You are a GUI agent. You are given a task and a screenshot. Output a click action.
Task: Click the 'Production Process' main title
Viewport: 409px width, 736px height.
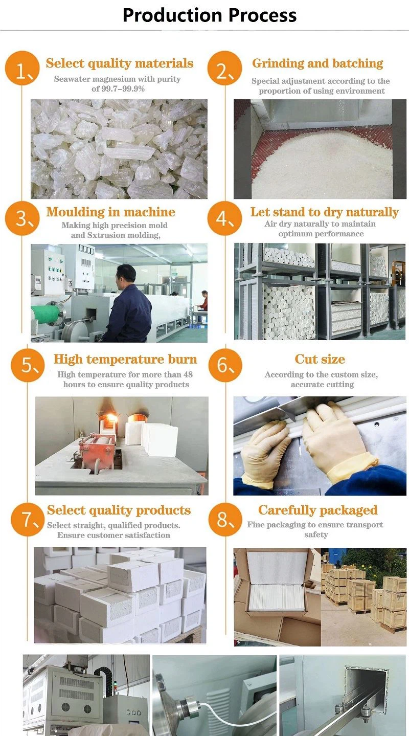(x=210, y=15)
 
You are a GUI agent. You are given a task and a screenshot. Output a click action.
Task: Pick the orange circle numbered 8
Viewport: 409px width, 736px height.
(x=225, y=519)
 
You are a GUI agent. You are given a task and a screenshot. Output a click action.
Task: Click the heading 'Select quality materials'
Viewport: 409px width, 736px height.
(x=120, y=63)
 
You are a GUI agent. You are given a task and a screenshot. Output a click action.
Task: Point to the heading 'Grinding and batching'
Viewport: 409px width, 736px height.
(x=317, y=63)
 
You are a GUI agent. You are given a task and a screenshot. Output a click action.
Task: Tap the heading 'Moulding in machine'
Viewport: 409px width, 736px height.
(x=110, y=212)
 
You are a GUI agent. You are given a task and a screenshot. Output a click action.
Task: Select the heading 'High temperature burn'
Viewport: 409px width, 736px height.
(x=125, y=359)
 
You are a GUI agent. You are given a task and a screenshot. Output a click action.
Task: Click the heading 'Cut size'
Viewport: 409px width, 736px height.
(x=320, y=359)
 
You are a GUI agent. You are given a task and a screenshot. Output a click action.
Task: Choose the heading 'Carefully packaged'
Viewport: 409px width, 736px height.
(x=317, y=510)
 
